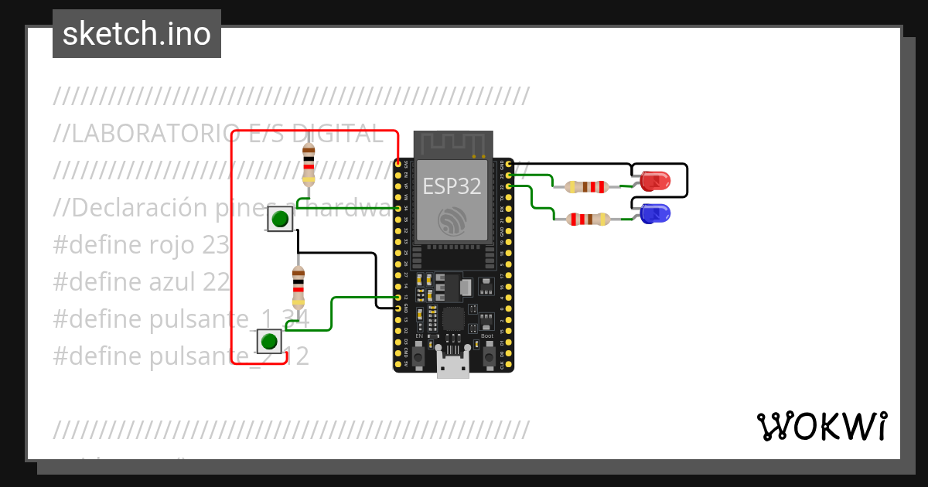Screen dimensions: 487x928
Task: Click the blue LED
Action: tap(655, 213)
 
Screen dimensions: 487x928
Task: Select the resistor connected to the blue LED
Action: tap(587, 219)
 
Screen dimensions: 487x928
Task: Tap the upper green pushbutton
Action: tap(281, 220)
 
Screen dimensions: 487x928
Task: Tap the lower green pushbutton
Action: tap(269, 341)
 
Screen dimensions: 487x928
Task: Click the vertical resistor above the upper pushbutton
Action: tap(309, 165)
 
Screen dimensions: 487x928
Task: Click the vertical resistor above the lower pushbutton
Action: tap(298, 287)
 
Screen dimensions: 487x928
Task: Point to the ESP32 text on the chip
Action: tap(452, 186)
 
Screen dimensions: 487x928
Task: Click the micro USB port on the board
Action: tap(452, 363)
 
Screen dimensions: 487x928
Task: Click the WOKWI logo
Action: tap(821, 427)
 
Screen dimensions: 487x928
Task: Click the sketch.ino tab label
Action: tap(137, 34)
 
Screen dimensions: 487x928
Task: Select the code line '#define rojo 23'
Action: tap(142, 245)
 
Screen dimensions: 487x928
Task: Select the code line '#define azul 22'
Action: tap(142, 282)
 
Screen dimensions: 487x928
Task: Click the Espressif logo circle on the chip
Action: tap(452, 222)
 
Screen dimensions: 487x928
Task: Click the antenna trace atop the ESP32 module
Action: tap(452, 144)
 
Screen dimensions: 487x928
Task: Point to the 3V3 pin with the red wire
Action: tap(398, 164)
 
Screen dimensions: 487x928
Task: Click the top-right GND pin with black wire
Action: tap(509, 164)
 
